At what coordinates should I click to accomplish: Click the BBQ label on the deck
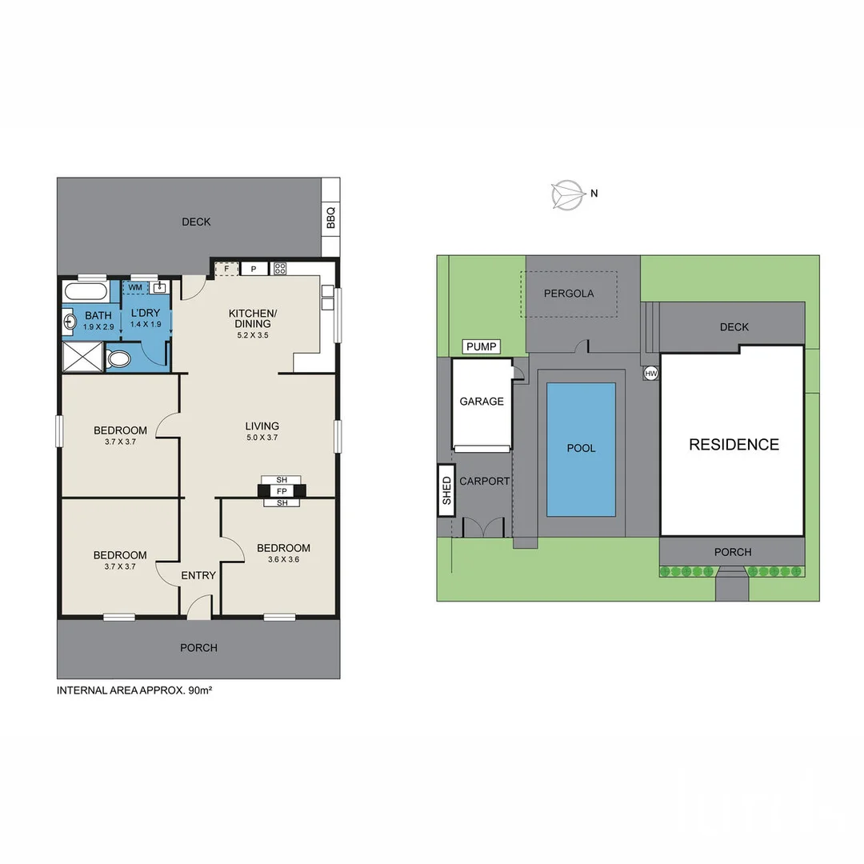(330, 218)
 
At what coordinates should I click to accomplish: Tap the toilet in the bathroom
(118, 358)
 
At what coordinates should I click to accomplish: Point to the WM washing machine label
(135, 287)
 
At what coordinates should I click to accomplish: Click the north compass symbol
(567, 194)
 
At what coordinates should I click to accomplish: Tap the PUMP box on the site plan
(481, 346)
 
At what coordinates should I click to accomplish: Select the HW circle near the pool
(650, 374)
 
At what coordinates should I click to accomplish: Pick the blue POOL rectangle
(581, 449)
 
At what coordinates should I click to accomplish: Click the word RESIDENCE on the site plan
(734, 445)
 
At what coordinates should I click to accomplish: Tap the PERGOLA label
(569, 294)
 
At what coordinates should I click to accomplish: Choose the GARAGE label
(482, 402)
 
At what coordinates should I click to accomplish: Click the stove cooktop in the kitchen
(280, 269)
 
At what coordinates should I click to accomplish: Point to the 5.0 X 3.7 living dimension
(262, 438)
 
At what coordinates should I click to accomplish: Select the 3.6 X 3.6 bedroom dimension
(283, 560)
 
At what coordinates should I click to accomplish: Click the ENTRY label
(198, 575)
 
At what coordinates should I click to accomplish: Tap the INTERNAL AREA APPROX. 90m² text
(134, 690)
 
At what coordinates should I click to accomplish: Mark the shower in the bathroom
(83, 357)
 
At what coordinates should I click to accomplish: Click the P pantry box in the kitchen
(254, 269)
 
